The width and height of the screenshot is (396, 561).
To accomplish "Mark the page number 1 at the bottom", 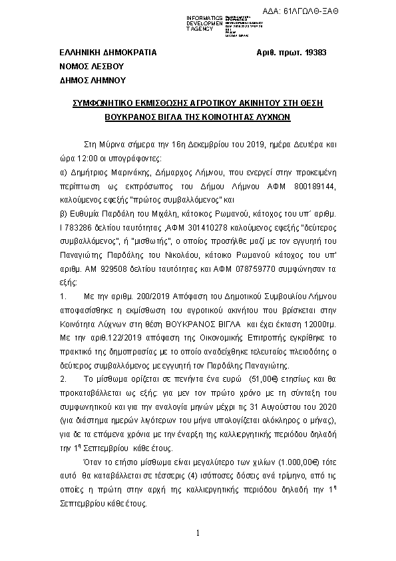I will [x=198, y=534].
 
